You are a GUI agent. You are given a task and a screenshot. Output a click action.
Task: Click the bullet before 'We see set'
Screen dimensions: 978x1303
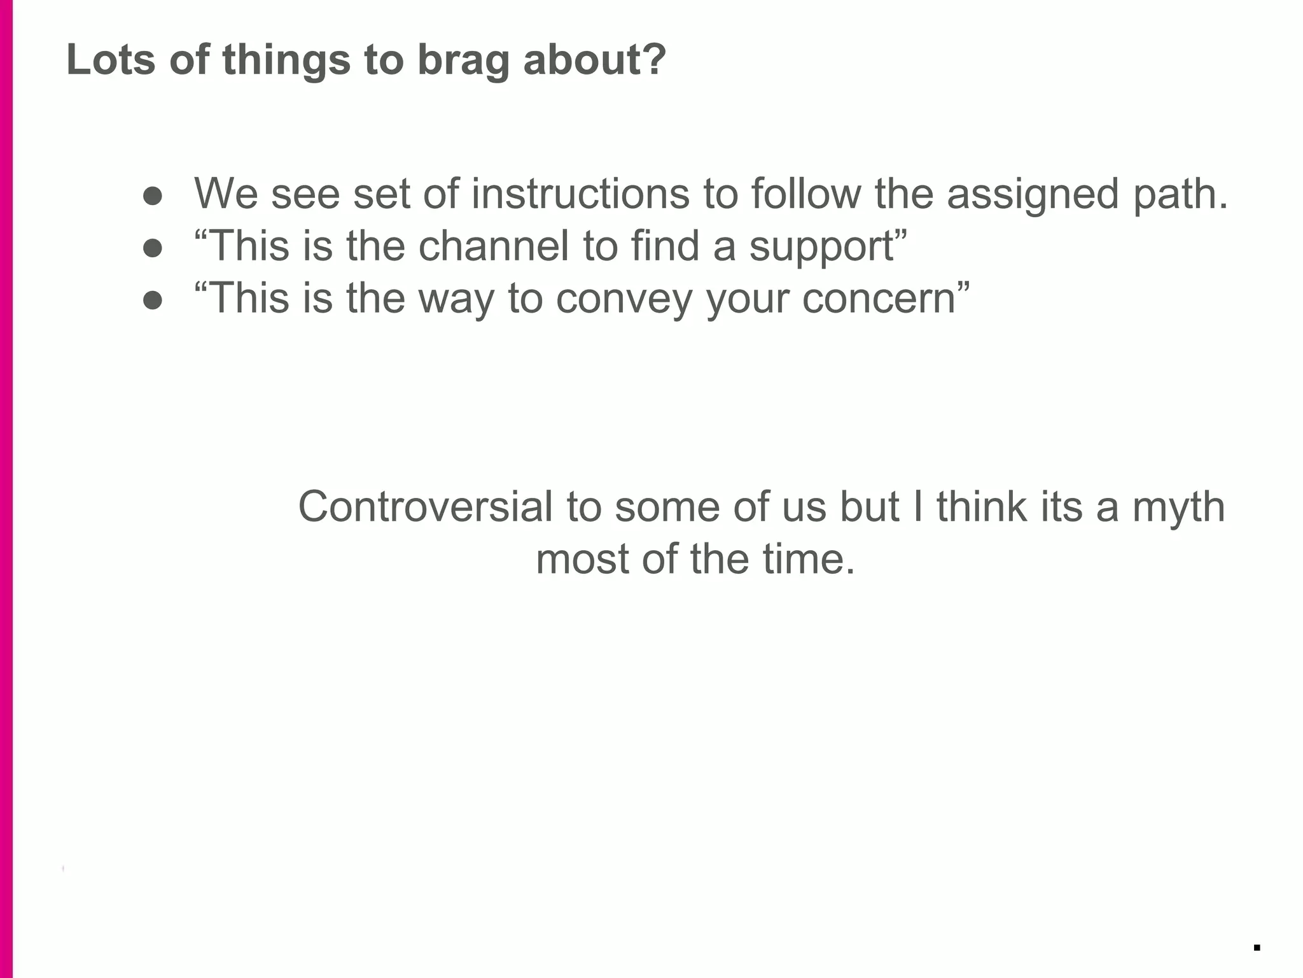(x=153, y=195)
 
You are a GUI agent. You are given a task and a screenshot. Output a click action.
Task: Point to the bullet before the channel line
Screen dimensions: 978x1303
(x=153, y=248)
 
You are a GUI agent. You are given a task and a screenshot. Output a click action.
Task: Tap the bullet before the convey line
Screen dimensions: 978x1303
(x=153, y=300)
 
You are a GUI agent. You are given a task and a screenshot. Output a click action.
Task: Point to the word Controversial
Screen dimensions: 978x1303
(x=425, y=507)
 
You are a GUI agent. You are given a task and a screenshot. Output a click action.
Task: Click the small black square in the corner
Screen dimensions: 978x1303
(x=1257, y=947)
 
